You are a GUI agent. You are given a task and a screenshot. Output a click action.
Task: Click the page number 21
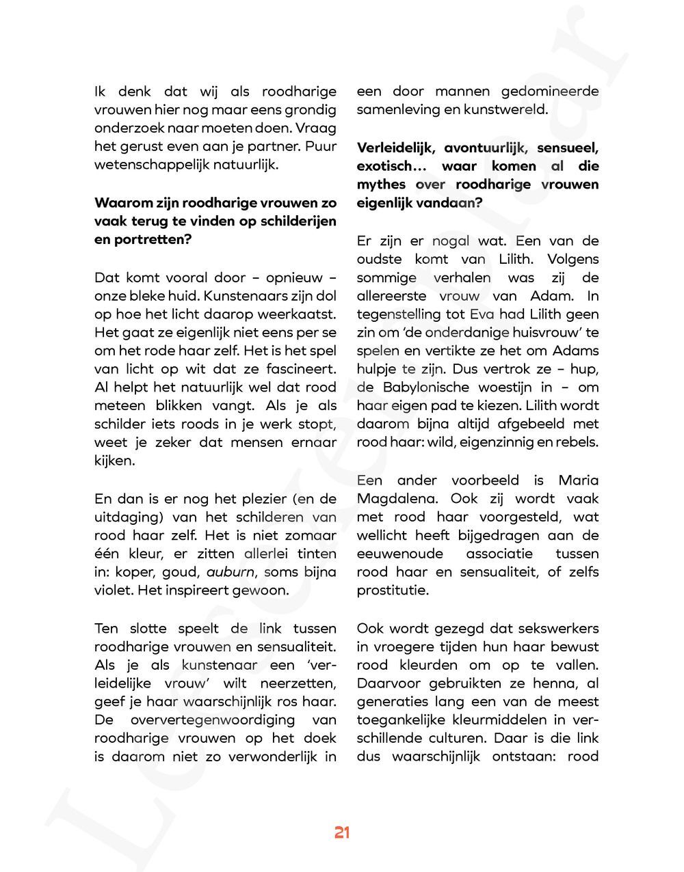click(342, 832)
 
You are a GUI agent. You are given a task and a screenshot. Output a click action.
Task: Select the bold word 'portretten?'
click(142, 240)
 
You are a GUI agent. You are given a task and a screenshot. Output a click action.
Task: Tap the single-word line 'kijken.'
click(114, 461)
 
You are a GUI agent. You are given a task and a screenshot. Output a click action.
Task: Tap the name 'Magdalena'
click(394, 499)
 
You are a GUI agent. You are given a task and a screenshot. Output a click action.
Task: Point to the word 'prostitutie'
click(393, 590)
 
